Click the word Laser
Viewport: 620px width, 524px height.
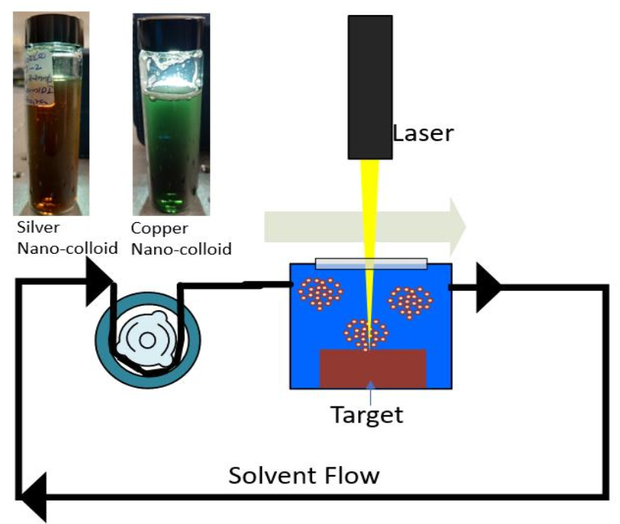coord(423,134)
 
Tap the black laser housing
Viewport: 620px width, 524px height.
coord(370,83)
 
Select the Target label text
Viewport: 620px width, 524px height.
coord(369,415)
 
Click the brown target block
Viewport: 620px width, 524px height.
coord(373,369)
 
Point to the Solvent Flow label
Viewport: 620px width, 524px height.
coord(304,476)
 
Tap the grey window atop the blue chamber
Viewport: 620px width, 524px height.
coord(372,264)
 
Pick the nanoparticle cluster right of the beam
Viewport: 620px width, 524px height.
coord(411,302)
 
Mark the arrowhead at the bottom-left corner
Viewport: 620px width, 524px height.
coord(33,497)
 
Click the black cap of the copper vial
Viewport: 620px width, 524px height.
coord(170,24)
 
